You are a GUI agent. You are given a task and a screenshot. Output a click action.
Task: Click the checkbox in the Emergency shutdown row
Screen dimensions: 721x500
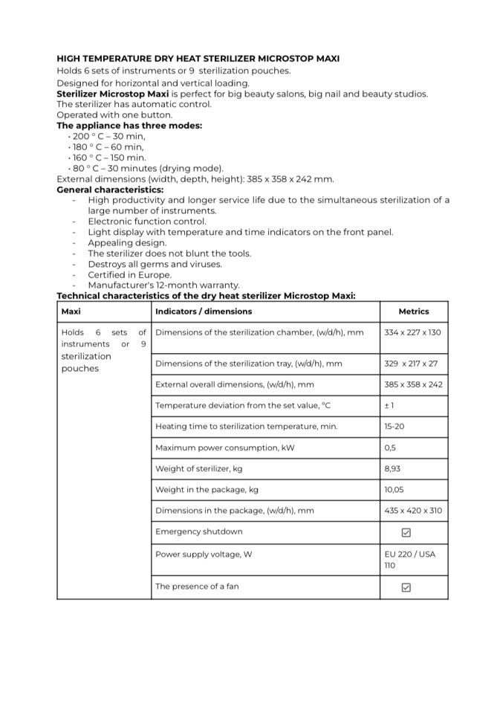tap(406, 533)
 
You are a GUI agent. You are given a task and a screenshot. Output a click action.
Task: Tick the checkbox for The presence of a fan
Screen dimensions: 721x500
tap(406, 587)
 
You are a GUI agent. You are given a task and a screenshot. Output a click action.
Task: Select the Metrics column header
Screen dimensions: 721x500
tap(413, 311)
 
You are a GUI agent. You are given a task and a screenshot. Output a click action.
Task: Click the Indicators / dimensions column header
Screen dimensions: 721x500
tap(203, 311)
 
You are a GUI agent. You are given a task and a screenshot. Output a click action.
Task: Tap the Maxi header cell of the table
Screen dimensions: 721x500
tap(71, 311)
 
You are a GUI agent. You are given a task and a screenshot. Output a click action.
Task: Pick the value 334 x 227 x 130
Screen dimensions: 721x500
tap(412, 332)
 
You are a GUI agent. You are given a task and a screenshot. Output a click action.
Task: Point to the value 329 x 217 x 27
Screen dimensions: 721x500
tap(411, 363)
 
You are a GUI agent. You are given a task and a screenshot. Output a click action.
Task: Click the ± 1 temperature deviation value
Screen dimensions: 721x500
tap(389, 405)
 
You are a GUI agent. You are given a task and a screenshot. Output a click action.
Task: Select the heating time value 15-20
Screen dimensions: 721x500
tap(394, 427)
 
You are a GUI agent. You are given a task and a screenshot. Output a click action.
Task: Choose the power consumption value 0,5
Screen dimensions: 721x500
tap(390, 447)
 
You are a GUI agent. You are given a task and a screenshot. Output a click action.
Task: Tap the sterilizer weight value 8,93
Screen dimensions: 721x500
tap(393, 469)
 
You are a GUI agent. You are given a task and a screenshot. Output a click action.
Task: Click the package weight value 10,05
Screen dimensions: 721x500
tap(395, 490)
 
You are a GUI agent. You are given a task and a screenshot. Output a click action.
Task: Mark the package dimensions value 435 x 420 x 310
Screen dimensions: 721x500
tap(412, 511)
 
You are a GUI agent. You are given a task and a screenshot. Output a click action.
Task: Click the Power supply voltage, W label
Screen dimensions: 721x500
tap(204, 555)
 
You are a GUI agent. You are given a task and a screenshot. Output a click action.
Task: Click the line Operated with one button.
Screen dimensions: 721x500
tap(114, 115)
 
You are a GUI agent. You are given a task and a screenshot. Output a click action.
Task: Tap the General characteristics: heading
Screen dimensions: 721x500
tap(110, 190)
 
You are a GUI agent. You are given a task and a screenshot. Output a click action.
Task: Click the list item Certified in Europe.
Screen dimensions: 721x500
tap(129, 274)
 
